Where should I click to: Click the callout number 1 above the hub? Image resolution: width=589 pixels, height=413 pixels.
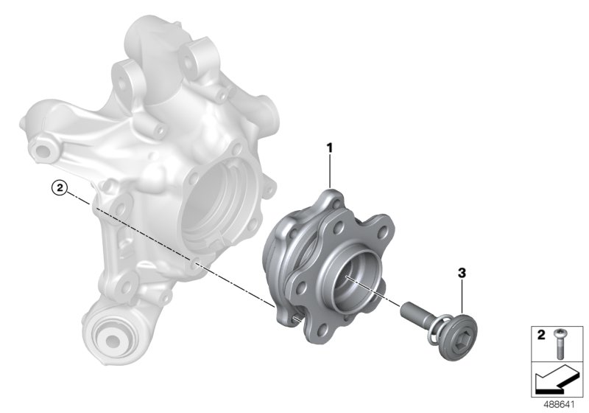click(330, 147)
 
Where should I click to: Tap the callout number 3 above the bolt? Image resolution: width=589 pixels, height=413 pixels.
click(462, 273)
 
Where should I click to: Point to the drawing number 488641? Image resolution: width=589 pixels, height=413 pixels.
click(560, 404)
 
